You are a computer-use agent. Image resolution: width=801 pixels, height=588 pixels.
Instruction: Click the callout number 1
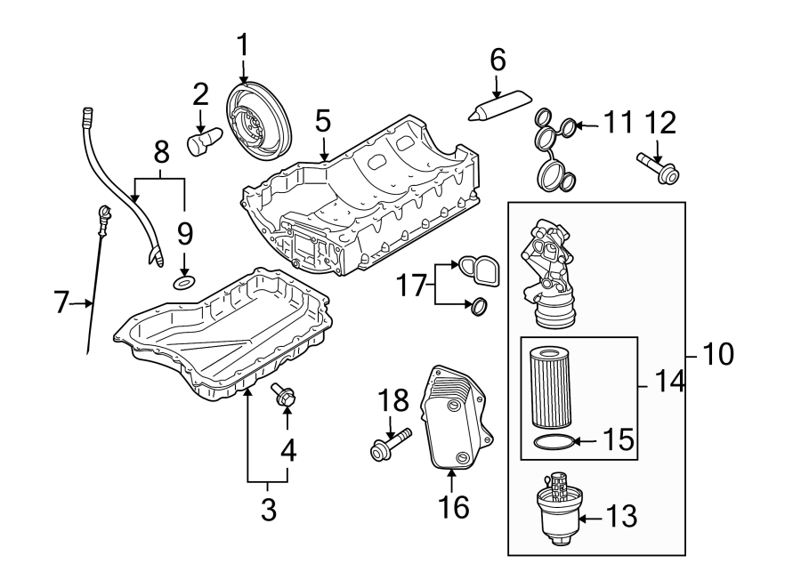243,44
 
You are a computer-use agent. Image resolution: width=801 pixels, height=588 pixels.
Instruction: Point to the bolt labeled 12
657,169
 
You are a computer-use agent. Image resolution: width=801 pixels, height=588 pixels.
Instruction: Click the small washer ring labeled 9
184,283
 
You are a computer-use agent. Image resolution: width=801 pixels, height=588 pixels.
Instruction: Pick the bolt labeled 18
390,445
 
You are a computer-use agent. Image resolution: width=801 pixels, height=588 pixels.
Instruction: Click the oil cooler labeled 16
454,418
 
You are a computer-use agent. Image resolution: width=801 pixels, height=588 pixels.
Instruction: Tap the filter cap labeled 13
557,509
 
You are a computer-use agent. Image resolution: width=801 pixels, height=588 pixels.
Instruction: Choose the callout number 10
718,355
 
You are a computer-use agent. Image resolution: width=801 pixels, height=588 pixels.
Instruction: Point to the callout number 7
61,303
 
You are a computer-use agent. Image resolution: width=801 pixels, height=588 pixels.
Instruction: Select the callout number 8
161,152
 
